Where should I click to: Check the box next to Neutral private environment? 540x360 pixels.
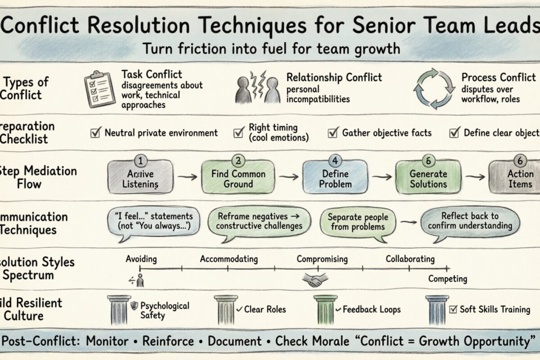95,133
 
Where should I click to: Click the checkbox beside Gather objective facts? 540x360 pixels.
333,133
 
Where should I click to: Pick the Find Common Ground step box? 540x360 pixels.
238,179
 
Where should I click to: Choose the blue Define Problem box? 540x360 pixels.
333,179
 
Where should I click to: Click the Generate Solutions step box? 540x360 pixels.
428,179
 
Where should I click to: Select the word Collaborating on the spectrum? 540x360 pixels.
410,259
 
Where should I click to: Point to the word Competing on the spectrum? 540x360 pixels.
447,279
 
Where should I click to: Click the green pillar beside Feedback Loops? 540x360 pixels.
325,310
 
